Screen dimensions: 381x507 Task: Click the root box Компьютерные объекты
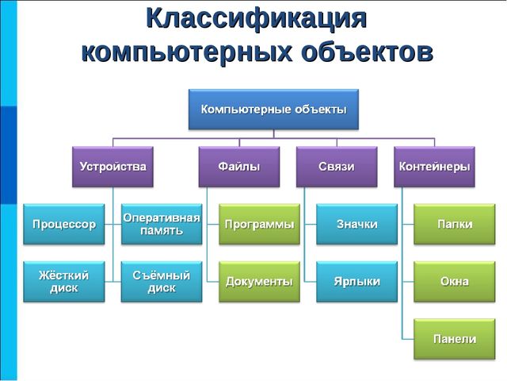273,110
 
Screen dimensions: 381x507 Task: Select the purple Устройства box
112,167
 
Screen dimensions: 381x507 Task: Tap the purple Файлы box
238,167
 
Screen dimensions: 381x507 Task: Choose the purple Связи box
337,167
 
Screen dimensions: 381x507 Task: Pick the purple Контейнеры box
434,167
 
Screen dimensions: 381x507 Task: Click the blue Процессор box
63,224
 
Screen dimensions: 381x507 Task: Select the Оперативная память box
162,224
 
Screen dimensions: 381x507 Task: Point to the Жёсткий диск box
63,281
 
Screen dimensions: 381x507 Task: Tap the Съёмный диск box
162,281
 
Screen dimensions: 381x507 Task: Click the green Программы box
259,224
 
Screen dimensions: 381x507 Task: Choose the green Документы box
259,281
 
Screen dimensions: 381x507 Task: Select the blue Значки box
357,224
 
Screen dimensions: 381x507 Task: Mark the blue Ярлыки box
357,281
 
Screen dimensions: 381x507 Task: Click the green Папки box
455,224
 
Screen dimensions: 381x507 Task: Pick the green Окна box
455,281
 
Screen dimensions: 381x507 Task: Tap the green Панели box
455,338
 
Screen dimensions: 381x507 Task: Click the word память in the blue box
162,231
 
